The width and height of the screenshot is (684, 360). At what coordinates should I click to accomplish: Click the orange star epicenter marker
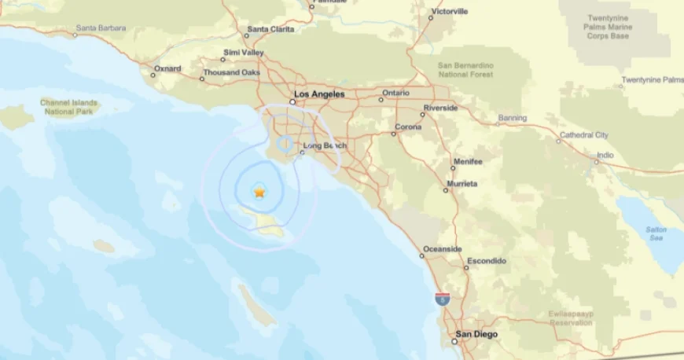click(259, 192)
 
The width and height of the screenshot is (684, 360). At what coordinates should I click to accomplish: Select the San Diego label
click(476, 333)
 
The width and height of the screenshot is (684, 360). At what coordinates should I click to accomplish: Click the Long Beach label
click(324, 145)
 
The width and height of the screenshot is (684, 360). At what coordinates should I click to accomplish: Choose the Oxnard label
click(167, 68)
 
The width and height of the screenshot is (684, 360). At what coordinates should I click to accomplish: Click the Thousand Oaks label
click(231, 72)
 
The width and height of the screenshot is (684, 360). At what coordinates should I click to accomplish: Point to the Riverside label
click(440, 107)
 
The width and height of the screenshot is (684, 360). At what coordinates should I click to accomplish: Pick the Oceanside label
click(443, 249)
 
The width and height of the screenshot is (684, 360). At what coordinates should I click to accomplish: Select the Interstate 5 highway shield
click(442, 299)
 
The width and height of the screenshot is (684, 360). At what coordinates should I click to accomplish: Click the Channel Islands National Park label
click(69, 107)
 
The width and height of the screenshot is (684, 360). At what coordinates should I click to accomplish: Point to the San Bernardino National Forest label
click(465, 69)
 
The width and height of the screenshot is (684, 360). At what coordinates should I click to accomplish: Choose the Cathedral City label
click(583, 135)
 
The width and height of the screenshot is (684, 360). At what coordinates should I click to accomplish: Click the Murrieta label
click(462, 183)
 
